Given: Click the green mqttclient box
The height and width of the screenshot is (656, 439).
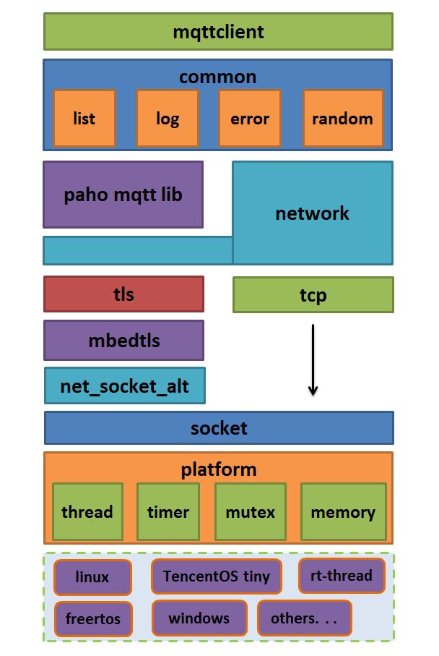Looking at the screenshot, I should point(218,32).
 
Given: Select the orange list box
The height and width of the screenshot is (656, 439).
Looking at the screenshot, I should point(84,119).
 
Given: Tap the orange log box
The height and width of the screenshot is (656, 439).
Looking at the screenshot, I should point(168,119).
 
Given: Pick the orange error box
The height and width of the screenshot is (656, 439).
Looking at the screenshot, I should point(249,119).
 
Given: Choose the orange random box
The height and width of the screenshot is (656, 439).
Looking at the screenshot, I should point(343,119).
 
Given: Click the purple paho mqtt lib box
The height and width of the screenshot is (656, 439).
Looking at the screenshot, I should point(123,195).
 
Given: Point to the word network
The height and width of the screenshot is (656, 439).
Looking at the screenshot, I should point(312,213).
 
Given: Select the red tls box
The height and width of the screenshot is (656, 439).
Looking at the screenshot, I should point(123,294).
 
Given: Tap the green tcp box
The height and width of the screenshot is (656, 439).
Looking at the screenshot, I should point(313,295).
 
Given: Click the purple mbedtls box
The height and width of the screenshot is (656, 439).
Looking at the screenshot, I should point(123,341).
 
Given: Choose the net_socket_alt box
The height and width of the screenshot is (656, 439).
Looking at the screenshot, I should point(124,385).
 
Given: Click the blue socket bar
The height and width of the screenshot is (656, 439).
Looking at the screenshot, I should point(219,428).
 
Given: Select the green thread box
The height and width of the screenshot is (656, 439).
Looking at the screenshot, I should point(87,512).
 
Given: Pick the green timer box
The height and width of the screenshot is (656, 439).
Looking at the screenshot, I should point(168,512).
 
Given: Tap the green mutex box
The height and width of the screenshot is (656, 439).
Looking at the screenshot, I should point(251,512).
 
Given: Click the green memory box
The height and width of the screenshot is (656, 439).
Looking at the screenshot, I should point(343,512).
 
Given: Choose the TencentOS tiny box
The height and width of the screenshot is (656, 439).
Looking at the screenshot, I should point(216,576).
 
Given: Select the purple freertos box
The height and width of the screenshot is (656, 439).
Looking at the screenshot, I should point(93,618).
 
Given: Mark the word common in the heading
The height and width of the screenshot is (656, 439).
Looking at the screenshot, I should point(217,76).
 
